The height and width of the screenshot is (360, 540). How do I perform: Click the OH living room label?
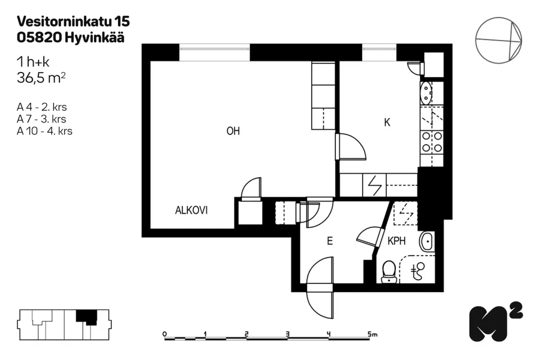(x=233, y=131)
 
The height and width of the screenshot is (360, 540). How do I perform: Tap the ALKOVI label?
(x=191, y=210)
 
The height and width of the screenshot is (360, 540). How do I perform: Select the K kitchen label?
(x=387, y=122)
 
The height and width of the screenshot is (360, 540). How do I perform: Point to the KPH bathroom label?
(x=396, y=241)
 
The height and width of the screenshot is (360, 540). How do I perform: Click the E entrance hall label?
(x=330, y=241)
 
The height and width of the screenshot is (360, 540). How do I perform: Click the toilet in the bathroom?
(x=389, y=271)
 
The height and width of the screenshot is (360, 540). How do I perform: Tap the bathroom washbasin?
(x=427, y=241)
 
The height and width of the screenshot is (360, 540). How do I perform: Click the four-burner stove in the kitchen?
(x=432, y=143)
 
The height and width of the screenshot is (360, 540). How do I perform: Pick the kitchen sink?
(x=426, y=93)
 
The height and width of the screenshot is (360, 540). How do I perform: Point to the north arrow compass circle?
(x=499, y=40)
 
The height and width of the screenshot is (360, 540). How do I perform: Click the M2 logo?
(x=496, y=322)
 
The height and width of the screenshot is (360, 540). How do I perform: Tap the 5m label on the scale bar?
(x=373, y=334)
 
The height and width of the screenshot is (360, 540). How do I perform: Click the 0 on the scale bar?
(x=165, y=334)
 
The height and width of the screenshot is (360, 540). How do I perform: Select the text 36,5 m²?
(x=41, y=78)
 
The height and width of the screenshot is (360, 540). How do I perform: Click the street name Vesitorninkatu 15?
(x=73, y=21)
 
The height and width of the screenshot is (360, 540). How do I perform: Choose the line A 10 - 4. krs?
(x=45, y=131)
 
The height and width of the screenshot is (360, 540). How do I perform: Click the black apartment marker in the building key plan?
(x=87, y=317)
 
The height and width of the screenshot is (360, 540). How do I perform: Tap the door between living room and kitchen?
(x=351, y=147)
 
